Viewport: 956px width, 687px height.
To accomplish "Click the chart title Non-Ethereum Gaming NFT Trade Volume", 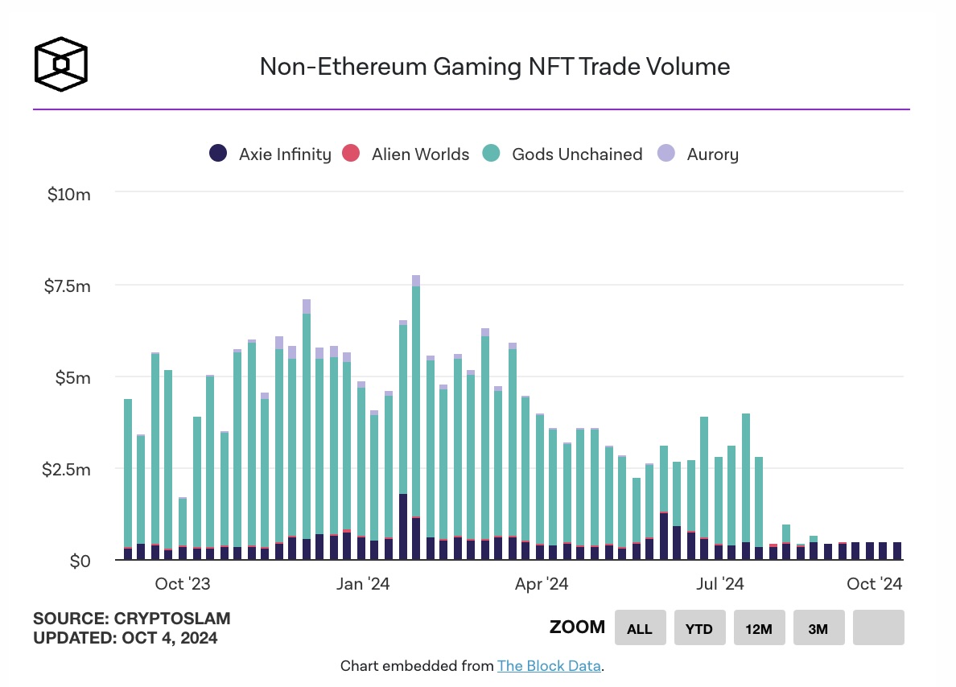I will tap(494, 66).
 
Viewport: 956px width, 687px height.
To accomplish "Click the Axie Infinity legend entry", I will tap(270, 154).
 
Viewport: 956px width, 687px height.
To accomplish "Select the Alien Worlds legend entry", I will tap(406, 154).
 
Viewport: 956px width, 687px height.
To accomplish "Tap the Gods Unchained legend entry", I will tap(562, 154).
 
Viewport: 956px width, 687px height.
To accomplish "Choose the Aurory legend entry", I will tap(698, 154).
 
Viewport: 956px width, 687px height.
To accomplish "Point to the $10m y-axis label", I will tap(69, 194).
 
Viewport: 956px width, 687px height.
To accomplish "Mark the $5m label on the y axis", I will tap(72, 377).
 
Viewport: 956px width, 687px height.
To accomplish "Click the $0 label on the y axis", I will tap(80, 561).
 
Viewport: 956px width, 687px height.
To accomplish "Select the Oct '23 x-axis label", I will tap(183, 584).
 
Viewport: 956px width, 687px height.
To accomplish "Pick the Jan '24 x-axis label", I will tap(363, 584).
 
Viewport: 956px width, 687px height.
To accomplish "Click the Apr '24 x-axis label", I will tap(541, 584).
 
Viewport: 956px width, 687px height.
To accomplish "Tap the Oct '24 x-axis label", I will tap(875, 584).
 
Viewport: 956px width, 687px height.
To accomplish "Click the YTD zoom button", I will tap(699, 628).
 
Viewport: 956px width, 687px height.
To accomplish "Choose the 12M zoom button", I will tap(759, 628).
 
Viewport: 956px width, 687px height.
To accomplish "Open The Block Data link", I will tap(549, 666).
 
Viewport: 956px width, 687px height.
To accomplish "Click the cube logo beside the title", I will tap(60, 63).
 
